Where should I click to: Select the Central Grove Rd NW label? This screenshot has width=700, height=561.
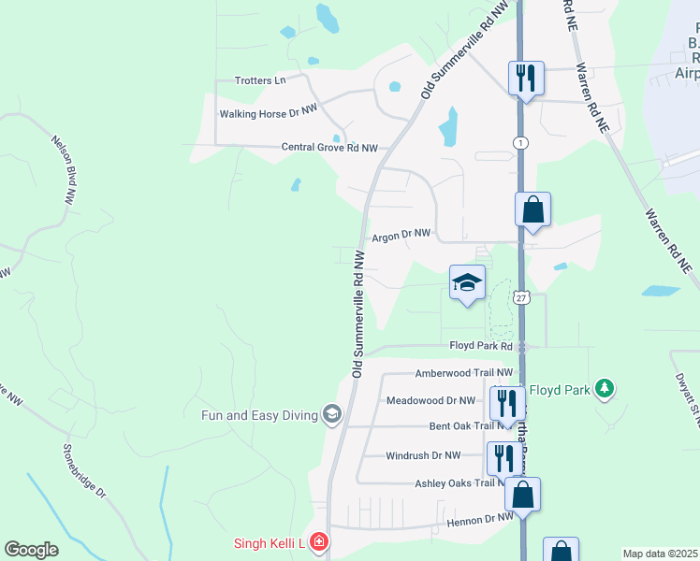point(329,148)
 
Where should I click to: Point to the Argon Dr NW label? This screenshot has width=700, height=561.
point(401,237)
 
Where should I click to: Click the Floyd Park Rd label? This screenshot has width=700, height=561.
point(481,346)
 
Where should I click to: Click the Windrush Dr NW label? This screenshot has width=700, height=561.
point(424,455)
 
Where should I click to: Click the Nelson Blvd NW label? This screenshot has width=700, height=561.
point(63,169)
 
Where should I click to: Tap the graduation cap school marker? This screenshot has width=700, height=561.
point(467,283)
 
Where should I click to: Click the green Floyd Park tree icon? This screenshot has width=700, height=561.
point(605,388)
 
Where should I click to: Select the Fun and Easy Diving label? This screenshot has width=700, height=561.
point(260,414)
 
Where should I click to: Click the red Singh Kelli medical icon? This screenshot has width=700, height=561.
point(318,542)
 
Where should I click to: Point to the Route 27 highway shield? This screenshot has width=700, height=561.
point(521,297)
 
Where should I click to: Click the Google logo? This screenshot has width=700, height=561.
point(31,550)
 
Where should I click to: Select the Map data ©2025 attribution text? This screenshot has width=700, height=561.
point(659,554)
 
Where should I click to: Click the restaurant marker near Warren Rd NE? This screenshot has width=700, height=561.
point(525,77)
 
